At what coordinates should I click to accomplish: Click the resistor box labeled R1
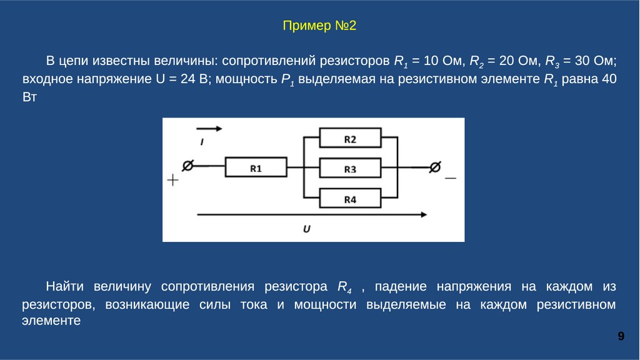[x=256, y=167]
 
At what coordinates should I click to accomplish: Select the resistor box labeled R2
[x=350, y=138]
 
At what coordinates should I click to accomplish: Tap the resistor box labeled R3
[x=350, y=168]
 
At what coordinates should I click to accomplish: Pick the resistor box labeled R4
[x=350, y=199]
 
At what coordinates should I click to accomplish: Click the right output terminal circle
[x=435, y=167]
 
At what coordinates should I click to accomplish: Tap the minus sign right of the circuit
[x=450, y=178]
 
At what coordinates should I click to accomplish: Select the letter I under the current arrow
[x=202, y=143]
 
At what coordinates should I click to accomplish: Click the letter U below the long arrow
[x=307, y=229]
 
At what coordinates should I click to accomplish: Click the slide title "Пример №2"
[x=319, y=26]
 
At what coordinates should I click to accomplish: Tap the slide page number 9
[x=621, y=337]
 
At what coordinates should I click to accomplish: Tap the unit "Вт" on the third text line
[x=30, y=97]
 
